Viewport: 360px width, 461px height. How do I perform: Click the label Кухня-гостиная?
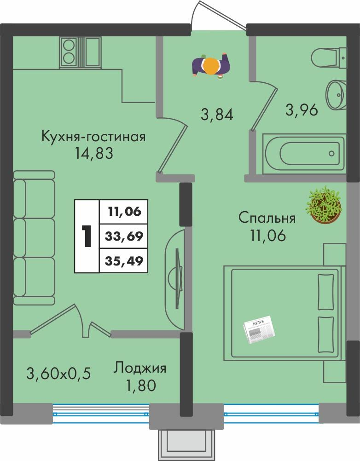(93, 137)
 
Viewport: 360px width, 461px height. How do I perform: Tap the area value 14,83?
(94, 153)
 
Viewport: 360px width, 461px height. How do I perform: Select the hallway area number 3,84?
(217, 114)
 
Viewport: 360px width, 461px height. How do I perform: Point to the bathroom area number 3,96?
(302, 110)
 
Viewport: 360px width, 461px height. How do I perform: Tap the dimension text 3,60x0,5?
(58, 374)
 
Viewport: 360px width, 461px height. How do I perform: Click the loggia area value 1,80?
(140, 385)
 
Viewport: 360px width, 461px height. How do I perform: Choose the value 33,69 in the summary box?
(123, 236)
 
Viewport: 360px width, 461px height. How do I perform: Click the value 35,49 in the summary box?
(123, 261)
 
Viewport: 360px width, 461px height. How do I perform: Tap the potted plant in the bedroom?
(325, 205)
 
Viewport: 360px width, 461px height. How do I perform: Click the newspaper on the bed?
(258, 329)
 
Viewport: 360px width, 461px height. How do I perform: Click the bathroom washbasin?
(336, 94)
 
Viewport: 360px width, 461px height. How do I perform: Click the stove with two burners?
(70, 52)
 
